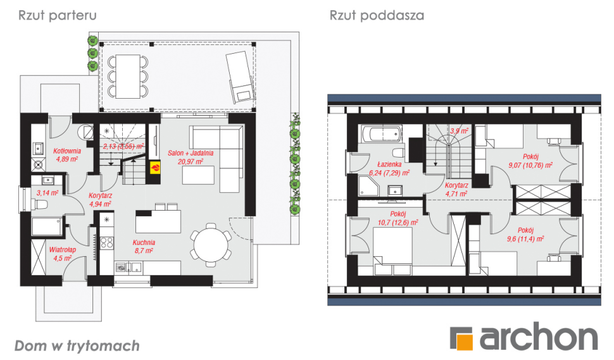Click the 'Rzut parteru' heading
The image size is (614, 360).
pos(57,15)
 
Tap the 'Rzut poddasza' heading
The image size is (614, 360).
pos(377,15)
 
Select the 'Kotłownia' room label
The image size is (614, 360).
pos(67,151)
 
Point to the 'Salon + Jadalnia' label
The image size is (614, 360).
pos(191,153)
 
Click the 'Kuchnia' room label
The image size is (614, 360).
pos(144,242)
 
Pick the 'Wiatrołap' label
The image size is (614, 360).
pos(63,250)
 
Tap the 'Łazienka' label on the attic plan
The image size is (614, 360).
pos(389,164)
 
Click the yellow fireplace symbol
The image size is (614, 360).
pos(155,167)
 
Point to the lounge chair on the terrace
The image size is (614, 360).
pos(240,77)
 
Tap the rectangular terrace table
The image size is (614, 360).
pos(128,77)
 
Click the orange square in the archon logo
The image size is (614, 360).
pos(465,341)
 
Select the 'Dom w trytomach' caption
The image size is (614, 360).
pos(77,346)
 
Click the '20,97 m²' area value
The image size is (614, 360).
pos(191,161)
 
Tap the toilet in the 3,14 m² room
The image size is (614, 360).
pos(41,204)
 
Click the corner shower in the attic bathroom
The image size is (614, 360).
pos(368,185)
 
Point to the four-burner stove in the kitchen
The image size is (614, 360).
pos(107,242)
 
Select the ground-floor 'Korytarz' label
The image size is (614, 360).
pos(100,196)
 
